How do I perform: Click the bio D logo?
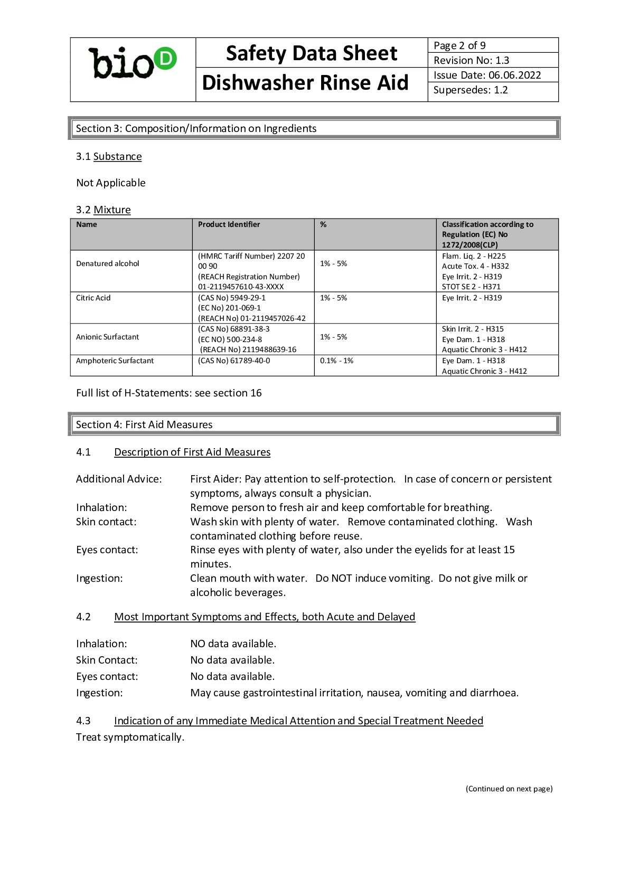click(132, 63)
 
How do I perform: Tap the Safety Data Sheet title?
click(311, 53)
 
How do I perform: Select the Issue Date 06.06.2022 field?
click(487, 75)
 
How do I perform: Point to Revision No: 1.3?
click(471, 60)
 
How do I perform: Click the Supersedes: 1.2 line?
click(470, 90)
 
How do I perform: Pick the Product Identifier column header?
click(229, 224)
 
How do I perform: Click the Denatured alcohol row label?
click(108, 263)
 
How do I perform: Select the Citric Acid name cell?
click(93, 298)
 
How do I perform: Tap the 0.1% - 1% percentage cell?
click(336, 361)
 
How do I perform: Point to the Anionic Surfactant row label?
click(107, 337)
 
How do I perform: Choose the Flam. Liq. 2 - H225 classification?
click(474, 256)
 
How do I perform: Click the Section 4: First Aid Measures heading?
click(144, 424)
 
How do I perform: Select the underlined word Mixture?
click(112, 210)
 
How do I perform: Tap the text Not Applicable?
click(111, 183)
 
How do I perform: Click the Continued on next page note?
click(509, 789)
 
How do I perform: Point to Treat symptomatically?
click(130, 737)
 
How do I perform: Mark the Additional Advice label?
click(119, 479)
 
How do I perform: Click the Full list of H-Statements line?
click(169, 393)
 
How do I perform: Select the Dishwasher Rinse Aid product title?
click(305, 83)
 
